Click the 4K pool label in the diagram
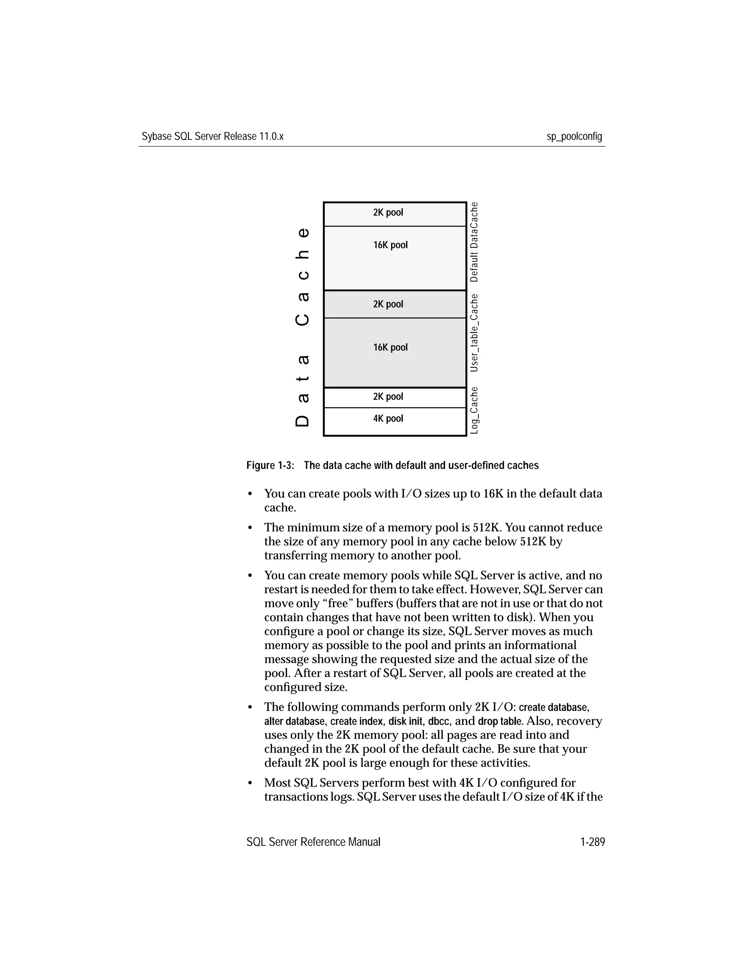[x=388, y=418]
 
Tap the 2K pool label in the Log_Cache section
[x=388, y=396]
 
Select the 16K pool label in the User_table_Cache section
[x=390, y=347]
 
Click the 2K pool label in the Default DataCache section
[x=388, y=213]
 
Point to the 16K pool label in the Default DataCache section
[x=390, y=245]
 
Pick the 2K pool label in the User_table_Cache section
[x=388, y=304]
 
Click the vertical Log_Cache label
[x=474, y=410]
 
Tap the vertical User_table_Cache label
[x=474, y=333]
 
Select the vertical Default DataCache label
[x=474, y=242]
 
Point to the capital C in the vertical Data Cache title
[x=302, y=319]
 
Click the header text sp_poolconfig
[x=574, y=137]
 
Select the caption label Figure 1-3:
[x=270, y=466]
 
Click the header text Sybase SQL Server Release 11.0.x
[x=213, y=137]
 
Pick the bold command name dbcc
[x=438, y=721]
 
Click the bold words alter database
[x=294, y=721]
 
